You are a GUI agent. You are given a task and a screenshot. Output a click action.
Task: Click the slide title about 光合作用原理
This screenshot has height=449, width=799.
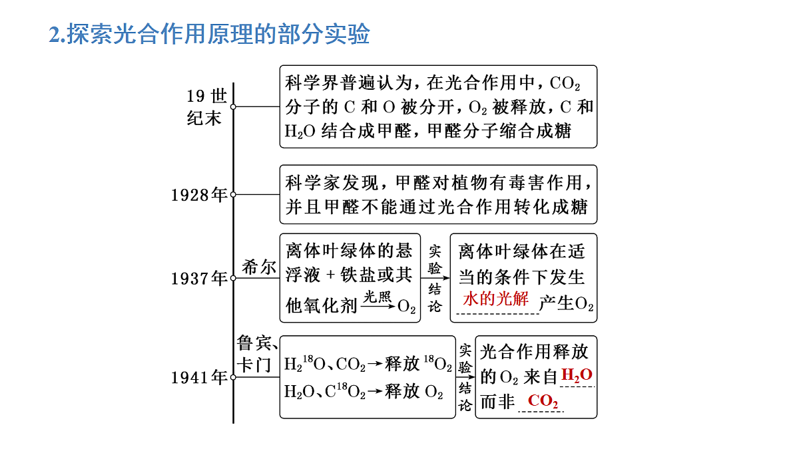pyautogui.click(x=209, y=34)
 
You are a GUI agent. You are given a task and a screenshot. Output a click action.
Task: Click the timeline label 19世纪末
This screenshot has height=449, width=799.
pyautogui.click(x=207, y=107)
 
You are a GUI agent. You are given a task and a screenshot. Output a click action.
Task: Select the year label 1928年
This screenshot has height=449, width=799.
pyautogui.click(x=199, y=195)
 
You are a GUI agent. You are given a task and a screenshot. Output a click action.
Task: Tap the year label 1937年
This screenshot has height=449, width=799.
pyautogui.click(x=199, y=278)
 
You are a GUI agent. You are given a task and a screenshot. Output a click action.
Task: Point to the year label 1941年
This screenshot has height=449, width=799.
pyautogui.click(x=199, y=377)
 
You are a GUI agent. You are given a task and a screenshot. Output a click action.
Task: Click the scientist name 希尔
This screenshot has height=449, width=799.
pyautogui.click(x=259, y=267)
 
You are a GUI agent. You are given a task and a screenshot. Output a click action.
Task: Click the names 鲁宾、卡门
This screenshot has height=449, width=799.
pyautogui.click(x=257, y=354)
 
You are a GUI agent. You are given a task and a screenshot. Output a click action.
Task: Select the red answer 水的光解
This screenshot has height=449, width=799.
pyautogui.click(x=495, y=299)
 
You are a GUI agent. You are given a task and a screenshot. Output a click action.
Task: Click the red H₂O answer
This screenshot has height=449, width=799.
pyautogui.click(x=577, y=375)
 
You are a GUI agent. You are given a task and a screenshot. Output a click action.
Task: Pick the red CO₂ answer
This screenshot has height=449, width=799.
pyautogui.click(x=543, y=401)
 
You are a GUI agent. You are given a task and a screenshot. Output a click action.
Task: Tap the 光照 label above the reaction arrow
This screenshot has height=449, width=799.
pyautogui.click(x=378, y=297)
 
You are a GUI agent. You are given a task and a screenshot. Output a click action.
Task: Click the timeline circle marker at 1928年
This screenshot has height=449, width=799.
pyautogui.click(x=233, y=194)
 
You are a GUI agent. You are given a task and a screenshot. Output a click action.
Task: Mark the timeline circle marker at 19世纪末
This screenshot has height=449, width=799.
pyautogui.click(x=233, y=106)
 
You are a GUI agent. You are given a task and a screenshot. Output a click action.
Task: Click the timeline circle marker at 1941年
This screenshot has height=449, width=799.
pyautogui.click(x=233, y=377)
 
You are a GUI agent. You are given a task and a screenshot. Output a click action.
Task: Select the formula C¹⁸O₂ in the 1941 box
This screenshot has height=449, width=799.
pyautogui.click(x=346, y=391)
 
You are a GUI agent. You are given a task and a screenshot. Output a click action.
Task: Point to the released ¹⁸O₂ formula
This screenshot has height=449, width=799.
pyautogui.click(x=437, y=363)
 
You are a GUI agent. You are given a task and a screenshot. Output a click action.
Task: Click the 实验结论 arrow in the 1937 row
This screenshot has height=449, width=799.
pyautogui.click(x=435, y=278)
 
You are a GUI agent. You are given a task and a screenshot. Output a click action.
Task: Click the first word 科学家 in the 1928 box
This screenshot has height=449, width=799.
pyautogui.click(x=312, y=183)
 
